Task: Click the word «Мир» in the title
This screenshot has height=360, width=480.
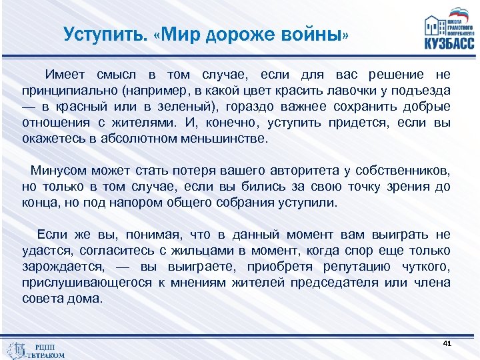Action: coord(185,34)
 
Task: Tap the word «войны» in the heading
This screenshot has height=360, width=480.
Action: coord(310,34)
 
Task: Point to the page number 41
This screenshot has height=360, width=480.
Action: coord(447,343)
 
